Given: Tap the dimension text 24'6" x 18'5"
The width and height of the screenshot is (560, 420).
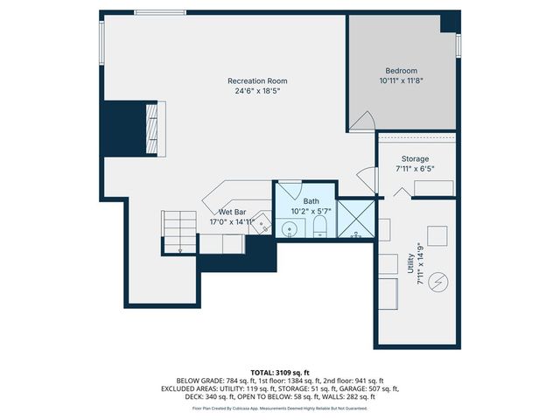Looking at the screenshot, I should (x=261, y=91).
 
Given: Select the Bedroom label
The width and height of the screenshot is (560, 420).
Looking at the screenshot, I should (x=402, y=71).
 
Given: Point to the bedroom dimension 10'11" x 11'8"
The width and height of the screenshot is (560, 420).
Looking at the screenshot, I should (x=402, y=80).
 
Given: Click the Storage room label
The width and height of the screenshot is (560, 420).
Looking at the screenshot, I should (x=415, y=158).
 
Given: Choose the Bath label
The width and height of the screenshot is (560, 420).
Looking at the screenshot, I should (x=311, y=201).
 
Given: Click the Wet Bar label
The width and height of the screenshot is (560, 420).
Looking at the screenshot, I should (x=231, y=213).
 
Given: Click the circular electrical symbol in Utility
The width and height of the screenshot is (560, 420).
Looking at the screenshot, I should (x=440, y=281).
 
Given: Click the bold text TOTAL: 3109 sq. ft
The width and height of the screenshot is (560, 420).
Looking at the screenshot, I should (x=280, y=372).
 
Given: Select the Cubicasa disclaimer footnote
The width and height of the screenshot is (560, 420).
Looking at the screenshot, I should (x=280, y=408).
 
